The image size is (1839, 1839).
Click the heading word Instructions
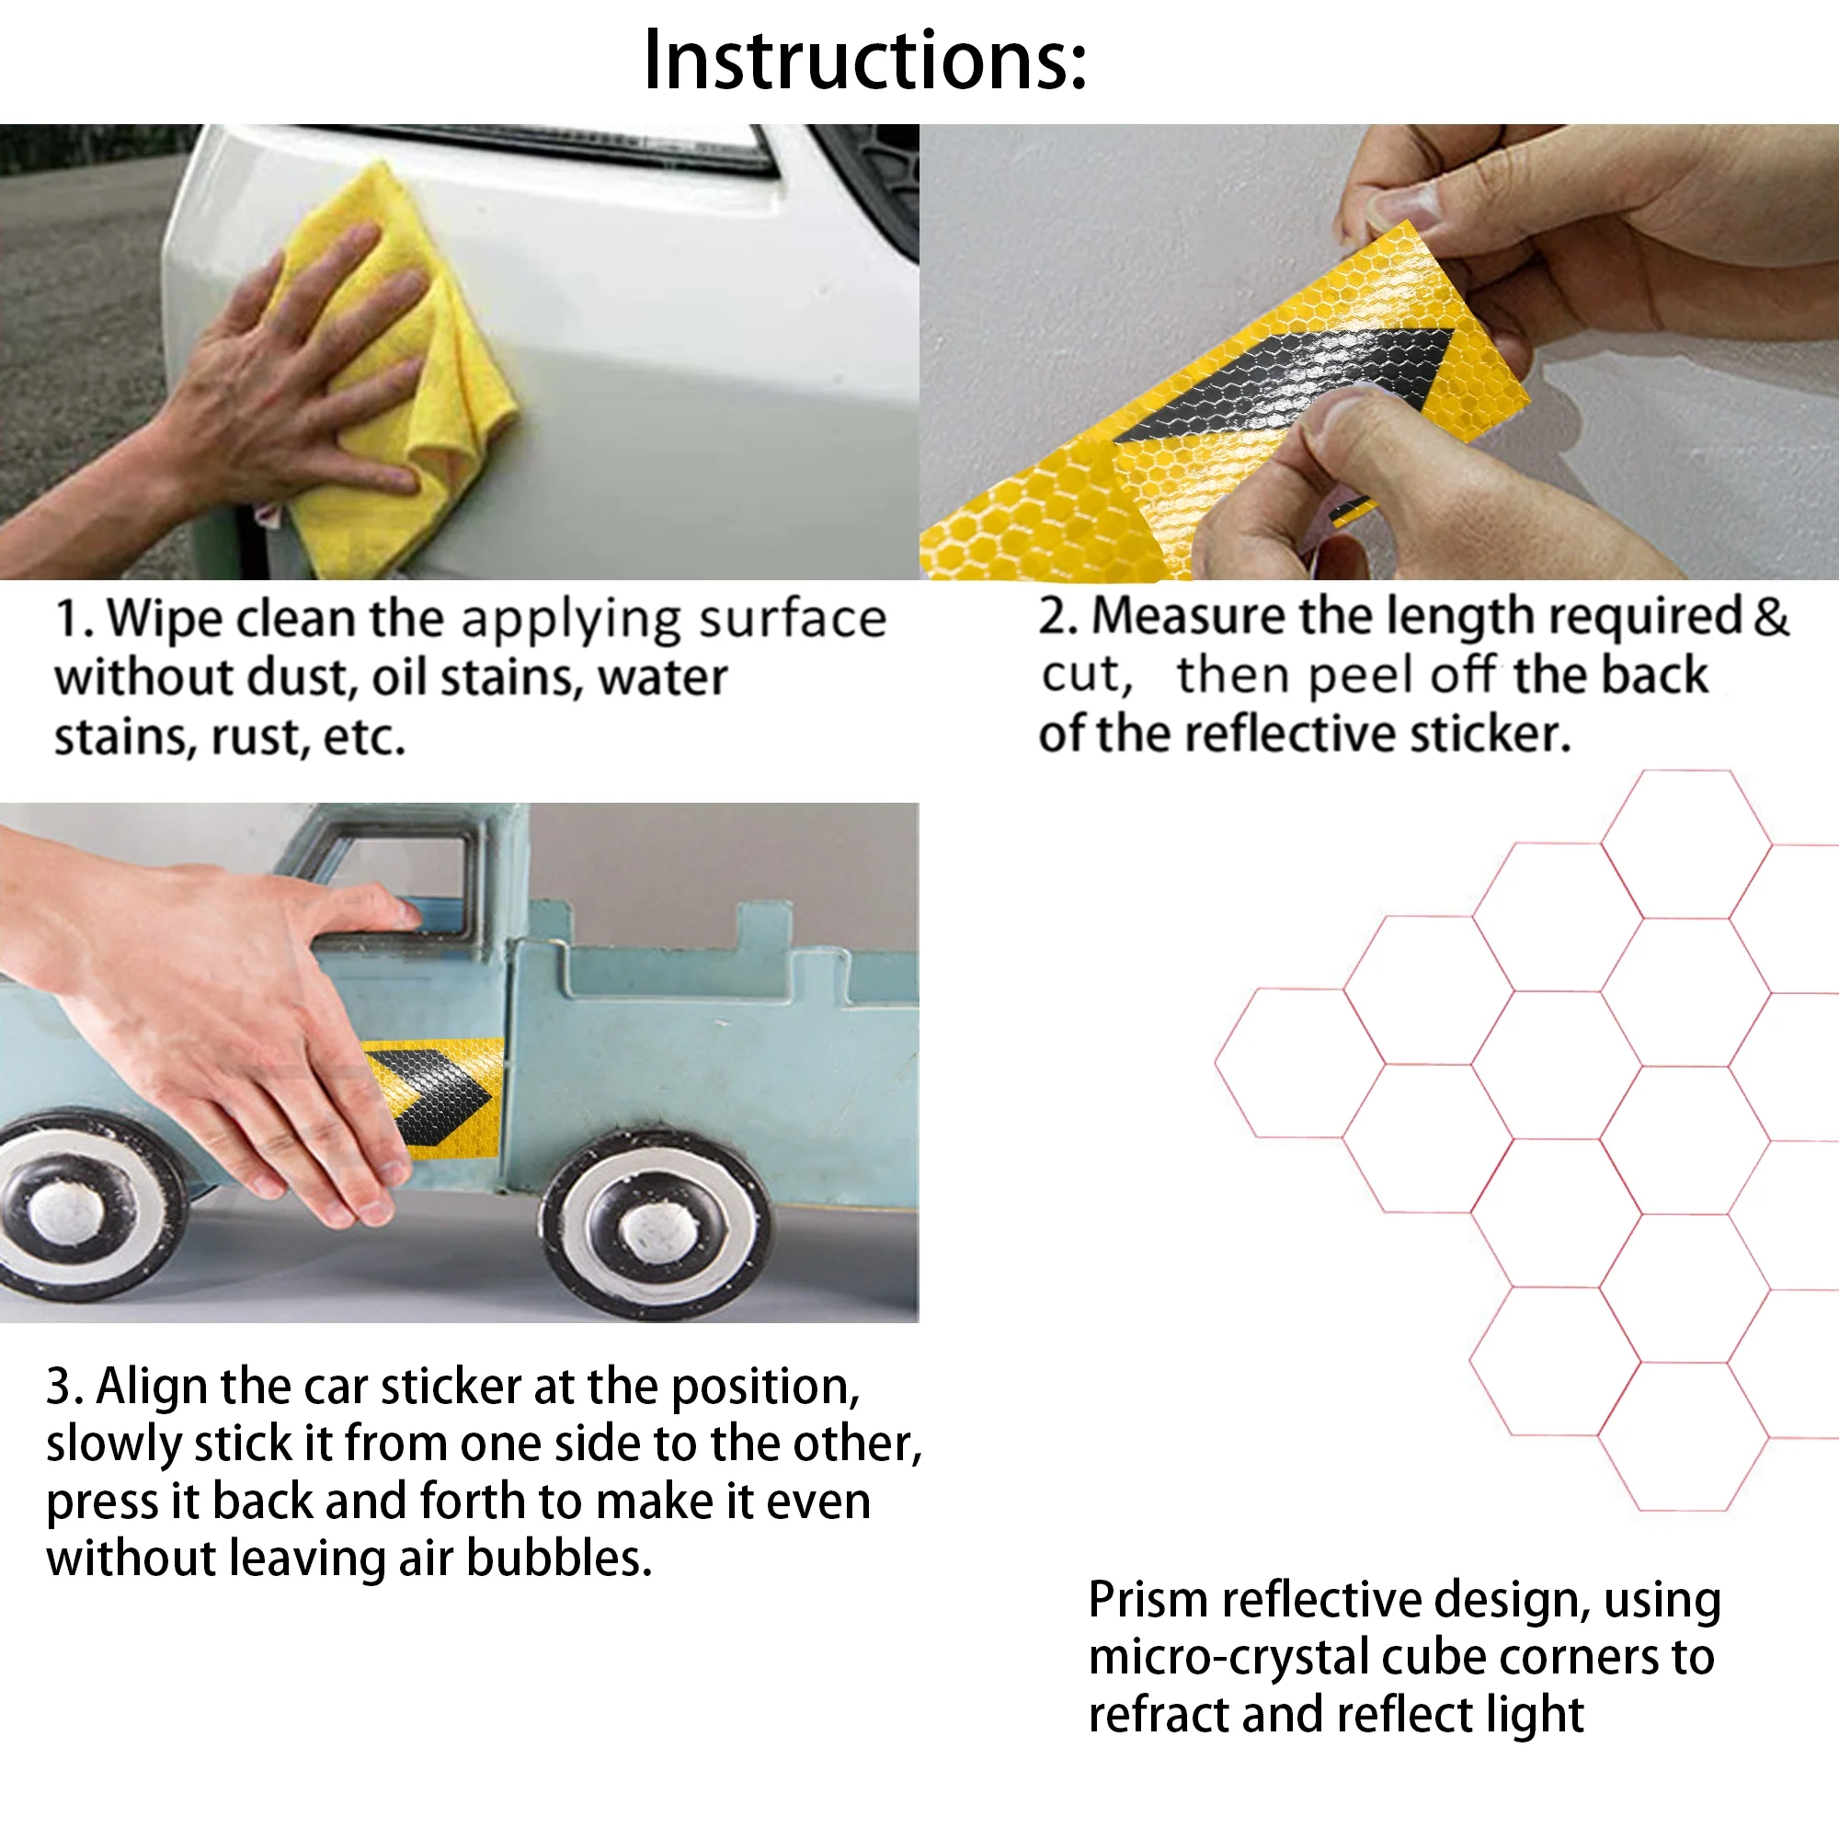865,60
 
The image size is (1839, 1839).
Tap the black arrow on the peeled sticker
1295,381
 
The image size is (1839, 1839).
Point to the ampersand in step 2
1770,617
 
